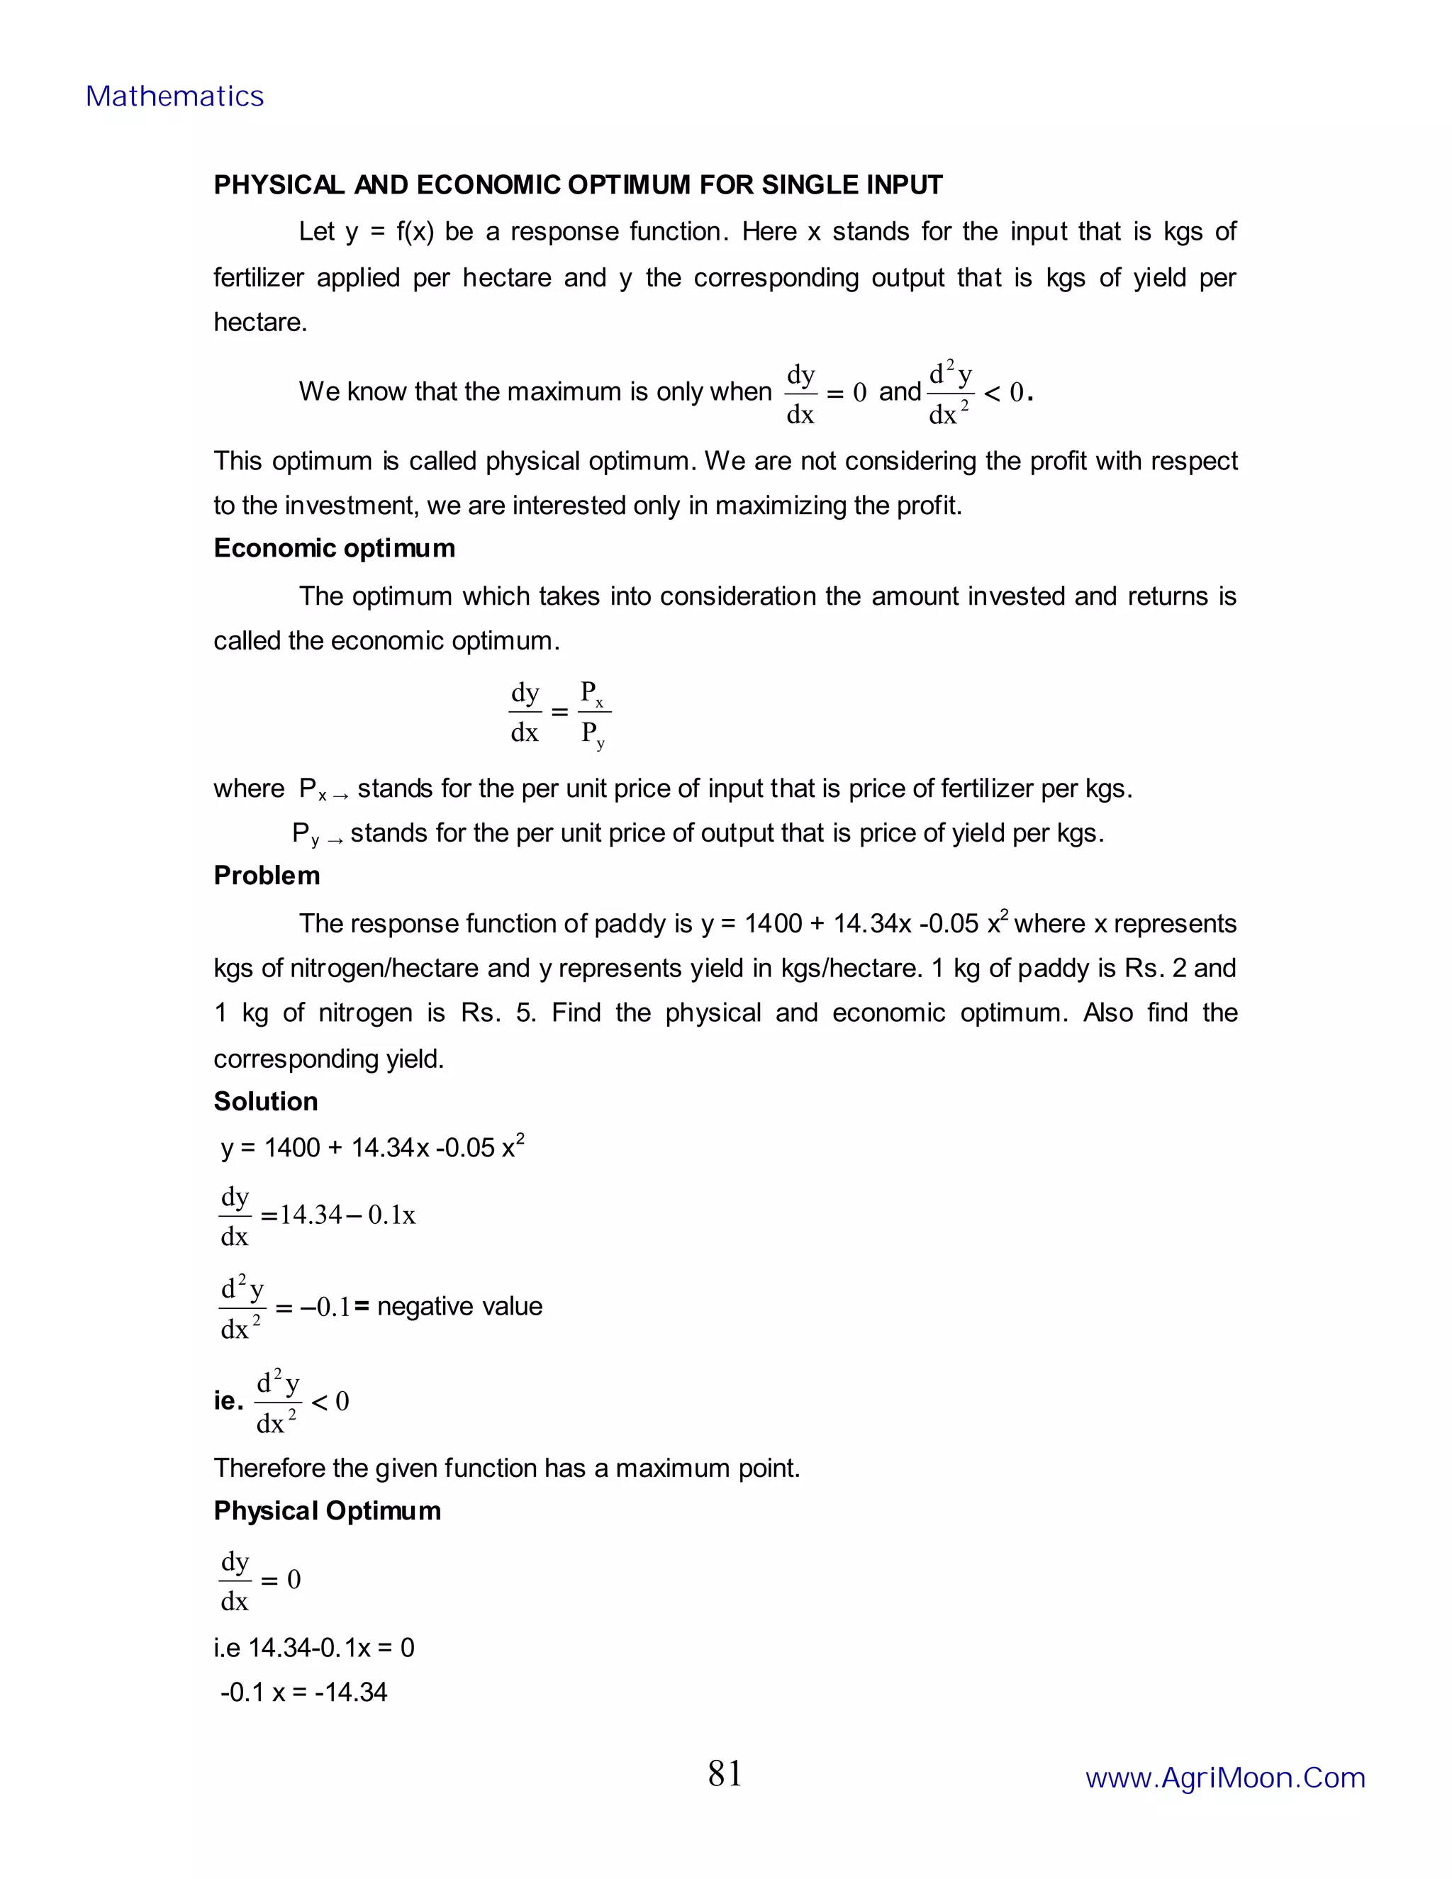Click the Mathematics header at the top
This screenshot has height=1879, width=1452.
tap(174, 96)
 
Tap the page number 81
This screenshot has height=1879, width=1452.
tap(725, 1773)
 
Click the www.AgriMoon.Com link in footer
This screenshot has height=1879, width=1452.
tap(1225, 1778)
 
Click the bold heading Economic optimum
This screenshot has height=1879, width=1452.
tap(334, 548)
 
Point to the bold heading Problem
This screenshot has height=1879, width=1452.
tap(267, 875)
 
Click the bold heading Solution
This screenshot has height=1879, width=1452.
tap(266, 1101)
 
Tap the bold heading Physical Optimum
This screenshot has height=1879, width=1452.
tap(327, 1511)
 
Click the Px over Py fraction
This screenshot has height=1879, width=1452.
tap(593, 713)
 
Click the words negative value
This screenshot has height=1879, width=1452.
tap(459, 1306)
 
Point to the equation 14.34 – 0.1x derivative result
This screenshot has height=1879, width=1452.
tap(347, 1215)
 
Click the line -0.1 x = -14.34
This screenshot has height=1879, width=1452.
tap(303, 1693)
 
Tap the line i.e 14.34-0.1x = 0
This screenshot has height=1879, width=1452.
tap(314, 1648)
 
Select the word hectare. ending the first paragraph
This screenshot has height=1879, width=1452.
tap(259, 323)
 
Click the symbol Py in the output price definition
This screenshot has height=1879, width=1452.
tap(306, 834)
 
